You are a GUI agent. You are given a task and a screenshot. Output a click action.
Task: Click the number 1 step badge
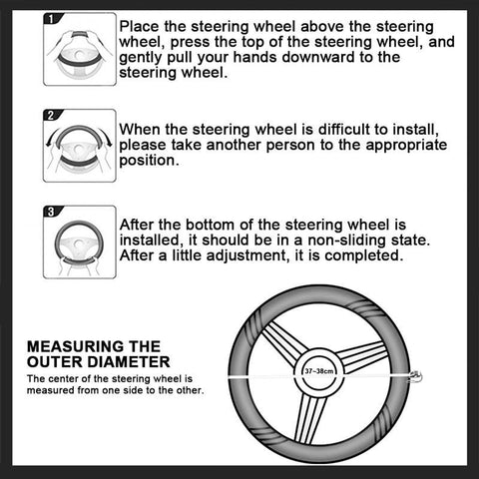click(x=53, y=20)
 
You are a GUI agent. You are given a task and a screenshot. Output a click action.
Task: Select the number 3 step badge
click(x=53, y=211)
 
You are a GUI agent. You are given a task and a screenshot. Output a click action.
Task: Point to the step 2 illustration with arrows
click(x=79, y=149)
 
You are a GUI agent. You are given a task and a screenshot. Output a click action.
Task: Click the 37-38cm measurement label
click(x=319, y=370)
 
